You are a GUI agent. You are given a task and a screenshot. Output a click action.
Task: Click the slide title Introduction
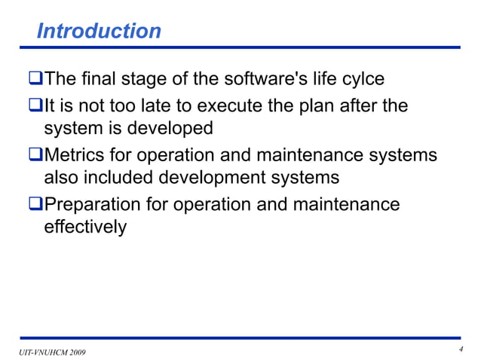pyautogui.click(x=99, y=32)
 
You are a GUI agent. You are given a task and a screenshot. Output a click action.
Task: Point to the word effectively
pyautogui.click(x=85, y=227)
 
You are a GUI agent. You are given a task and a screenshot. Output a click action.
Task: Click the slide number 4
pyautogui.click(x=460, y=349)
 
